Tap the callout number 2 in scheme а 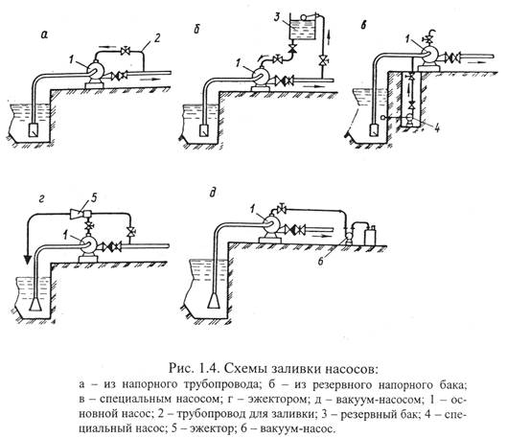(156, 38)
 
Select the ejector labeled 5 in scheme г (81, 213)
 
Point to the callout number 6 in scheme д (320, 261)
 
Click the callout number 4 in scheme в (436, 127)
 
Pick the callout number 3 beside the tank (277, 17)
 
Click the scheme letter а (44, 35)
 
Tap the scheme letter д (212, 194)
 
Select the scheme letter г (41, 200)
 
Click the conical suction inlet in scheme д (214, 300)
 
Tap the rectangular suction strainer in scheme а (34, 130)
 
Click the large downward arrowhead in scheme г (28, 258)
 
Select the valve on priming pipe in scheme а (124, 51)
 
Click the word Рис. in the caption (180, 367)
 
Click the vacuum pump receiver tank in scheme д (371, 236)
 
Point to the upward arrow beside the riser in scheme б (329, 35)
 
